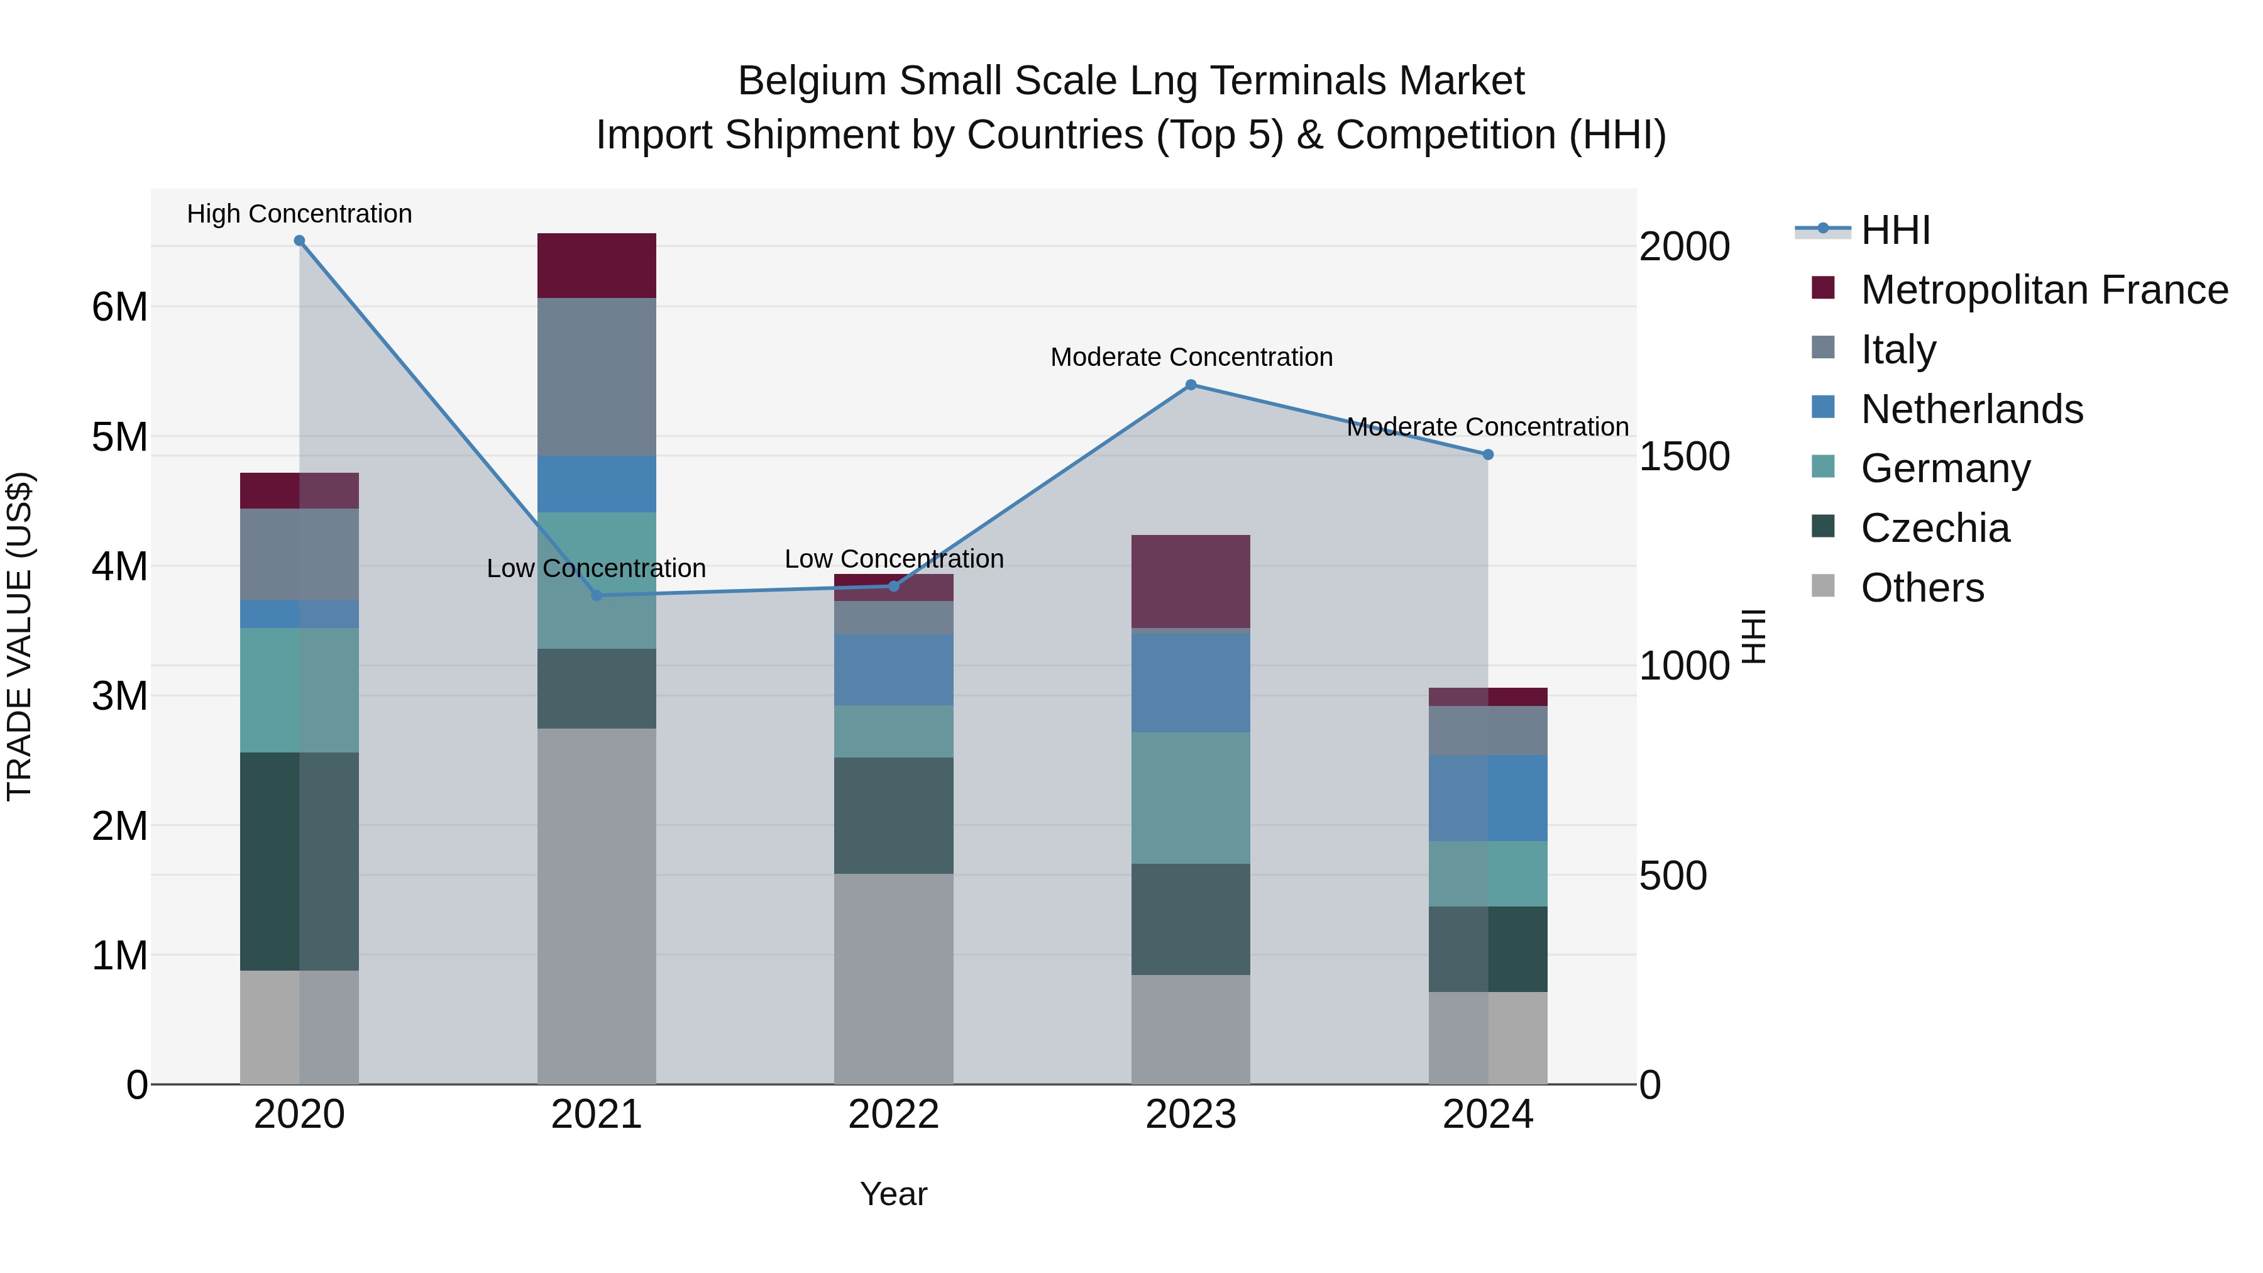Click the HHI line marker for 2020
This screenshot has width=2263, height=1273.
(x=300, y=241)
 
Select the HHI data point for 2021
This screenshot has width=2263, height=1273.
(x=597, y=596)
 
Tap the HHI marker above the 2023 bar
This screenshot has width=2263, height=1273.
(x=1191, y=385)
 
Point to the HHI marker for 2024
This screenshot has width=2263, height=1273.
(x=1488, y=455)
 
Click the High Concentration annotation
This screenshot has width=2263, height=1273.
(x=300, y=214)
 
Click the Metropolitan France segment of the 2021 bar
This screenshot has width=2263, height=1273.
(x=597, y=265)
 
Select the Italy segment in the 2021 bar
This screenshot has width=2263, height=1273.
(x=597, y=377)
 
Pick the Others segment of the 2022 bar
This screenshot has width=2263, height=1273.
(x=893, y=979)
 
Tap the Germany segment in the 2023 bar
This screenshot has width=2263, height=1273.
(x=1191, y=798)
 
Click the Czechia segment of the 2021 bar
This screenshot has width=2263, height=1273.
(x=597, y=689)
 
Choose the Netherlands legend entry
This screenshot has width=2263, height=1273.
(x=1971, y=409)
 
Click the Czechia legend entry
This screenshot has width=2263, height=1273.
(x=1934, y=528)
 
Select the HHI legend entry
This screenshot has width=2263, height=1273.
(x=1895, y=230)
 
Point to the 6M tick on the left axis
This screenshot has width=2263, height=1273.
(x=119, y=307)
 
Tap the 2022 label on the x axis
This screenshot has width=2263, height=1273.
(x=893, y=1115)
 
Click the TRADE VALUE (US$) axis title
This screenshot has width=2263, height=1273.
(x=19, y=636)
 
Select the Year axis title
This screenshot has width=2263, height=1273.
(x=893, y=1194)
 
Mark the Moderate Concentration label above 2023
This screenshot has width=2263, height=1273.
(x=1191, y=358)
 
